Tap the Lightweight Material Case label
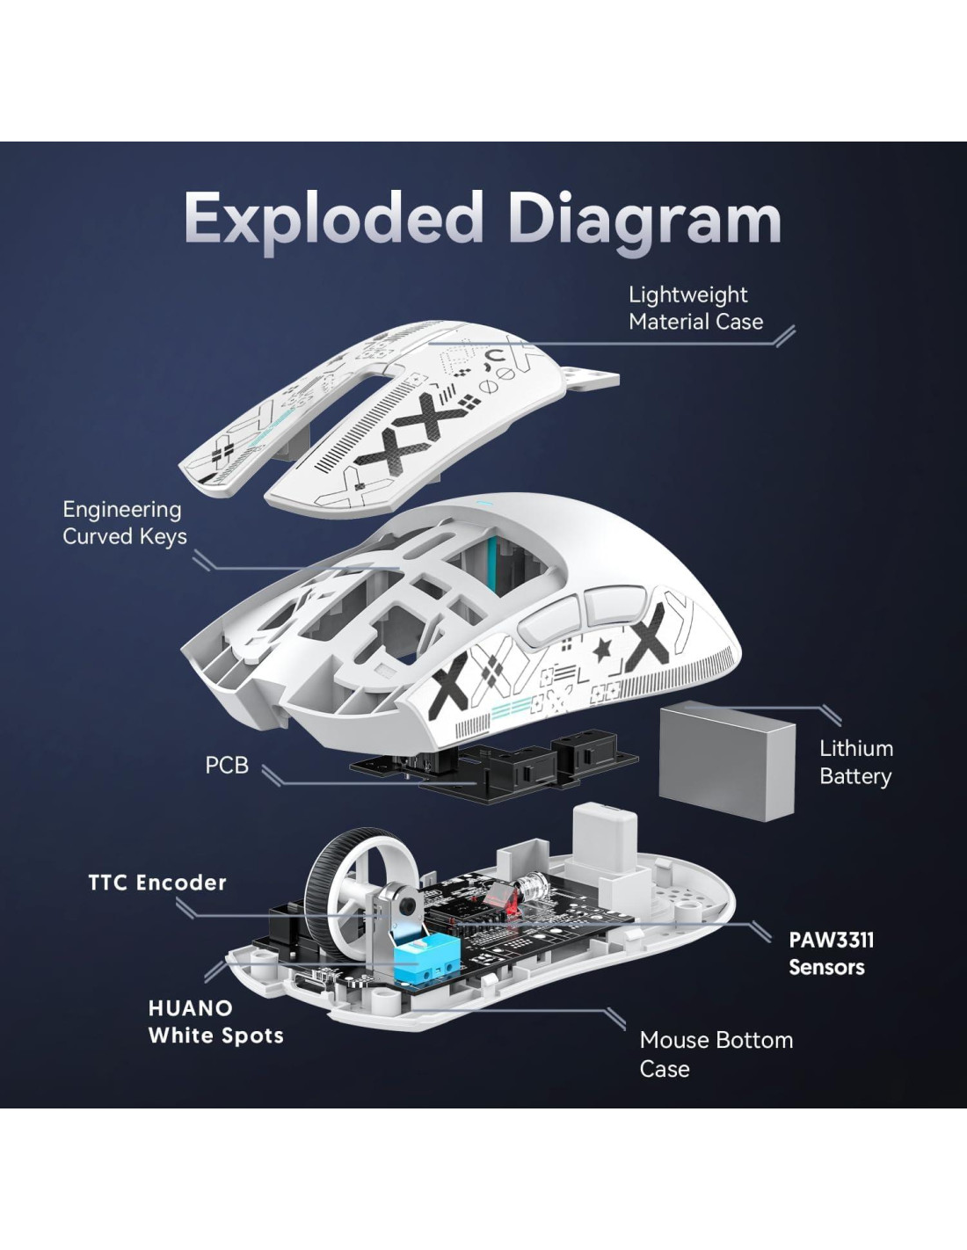click(x=695, y=308)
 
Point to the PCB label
click(x=227, y=766)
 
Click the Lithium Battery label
click(x=855, y=762)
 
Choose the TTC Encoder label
click(x=157, y=883)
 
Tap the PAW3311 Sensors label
click(x=831, y=953)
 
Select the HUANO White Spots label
click(x=215, y=1021)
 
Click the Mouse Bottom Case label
click(x=716, y=1054)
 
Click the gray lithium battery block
click(x=726, y=761)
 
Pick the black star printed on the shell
click(x=603, y=650)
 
